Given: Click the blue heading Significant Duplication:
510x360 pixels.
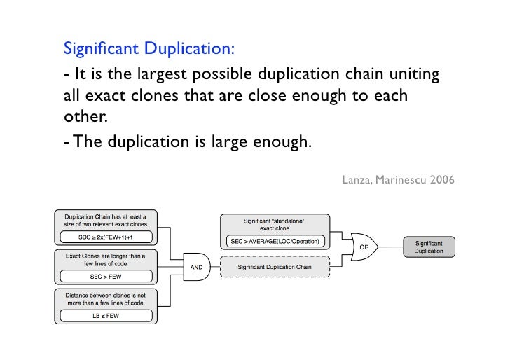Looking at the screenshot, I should pyautogui.click(x=149, y=49).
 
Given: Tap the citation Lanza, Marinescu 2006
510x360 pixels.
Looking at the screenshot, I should pyautogui.click(x=398, y=180).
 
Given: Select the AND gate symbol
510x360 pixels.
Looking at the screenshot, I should pyautogui.click(x=196, y=266).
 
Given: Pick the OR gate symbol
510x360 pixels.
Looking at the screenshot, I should pyautogui.click(x=364, y=247).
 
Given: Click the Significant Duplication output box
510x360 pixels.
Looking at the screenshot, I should pyautogui.click(x=429, y=247).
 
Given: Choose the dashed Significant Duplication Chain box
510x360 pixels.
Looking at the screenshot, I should pyautogui.click(x=274, y=267).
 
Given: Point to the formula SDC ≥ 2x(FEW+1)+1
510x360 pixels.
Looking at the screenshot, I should pyautogui.click(x=106, y=236).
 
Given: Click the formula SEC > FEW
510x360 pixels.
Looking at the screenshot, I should pyautogui.click(x=106, y=276).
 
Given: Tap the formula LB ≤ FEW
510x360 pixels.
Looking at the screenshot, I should pyautogui.click(x=106, y=316).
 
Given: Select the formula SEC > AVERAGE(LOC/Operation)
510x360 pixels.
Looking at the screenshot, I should pyautogui.click(x=275, y=242).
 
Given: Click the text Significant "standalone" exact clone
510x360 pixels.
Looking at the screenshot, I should pyautogui.click(x=275, y=225).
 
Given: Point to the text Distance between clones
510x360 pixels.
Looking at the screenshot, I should pyautogui.click(x=105, y=295).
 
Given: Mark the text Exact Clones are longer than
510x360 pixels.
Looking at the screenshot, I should pyautogui.click(x=106, y=256).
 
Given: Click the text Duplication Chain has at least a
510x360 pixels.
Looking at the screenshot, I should pyautogui.click(x=106, y=216).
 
